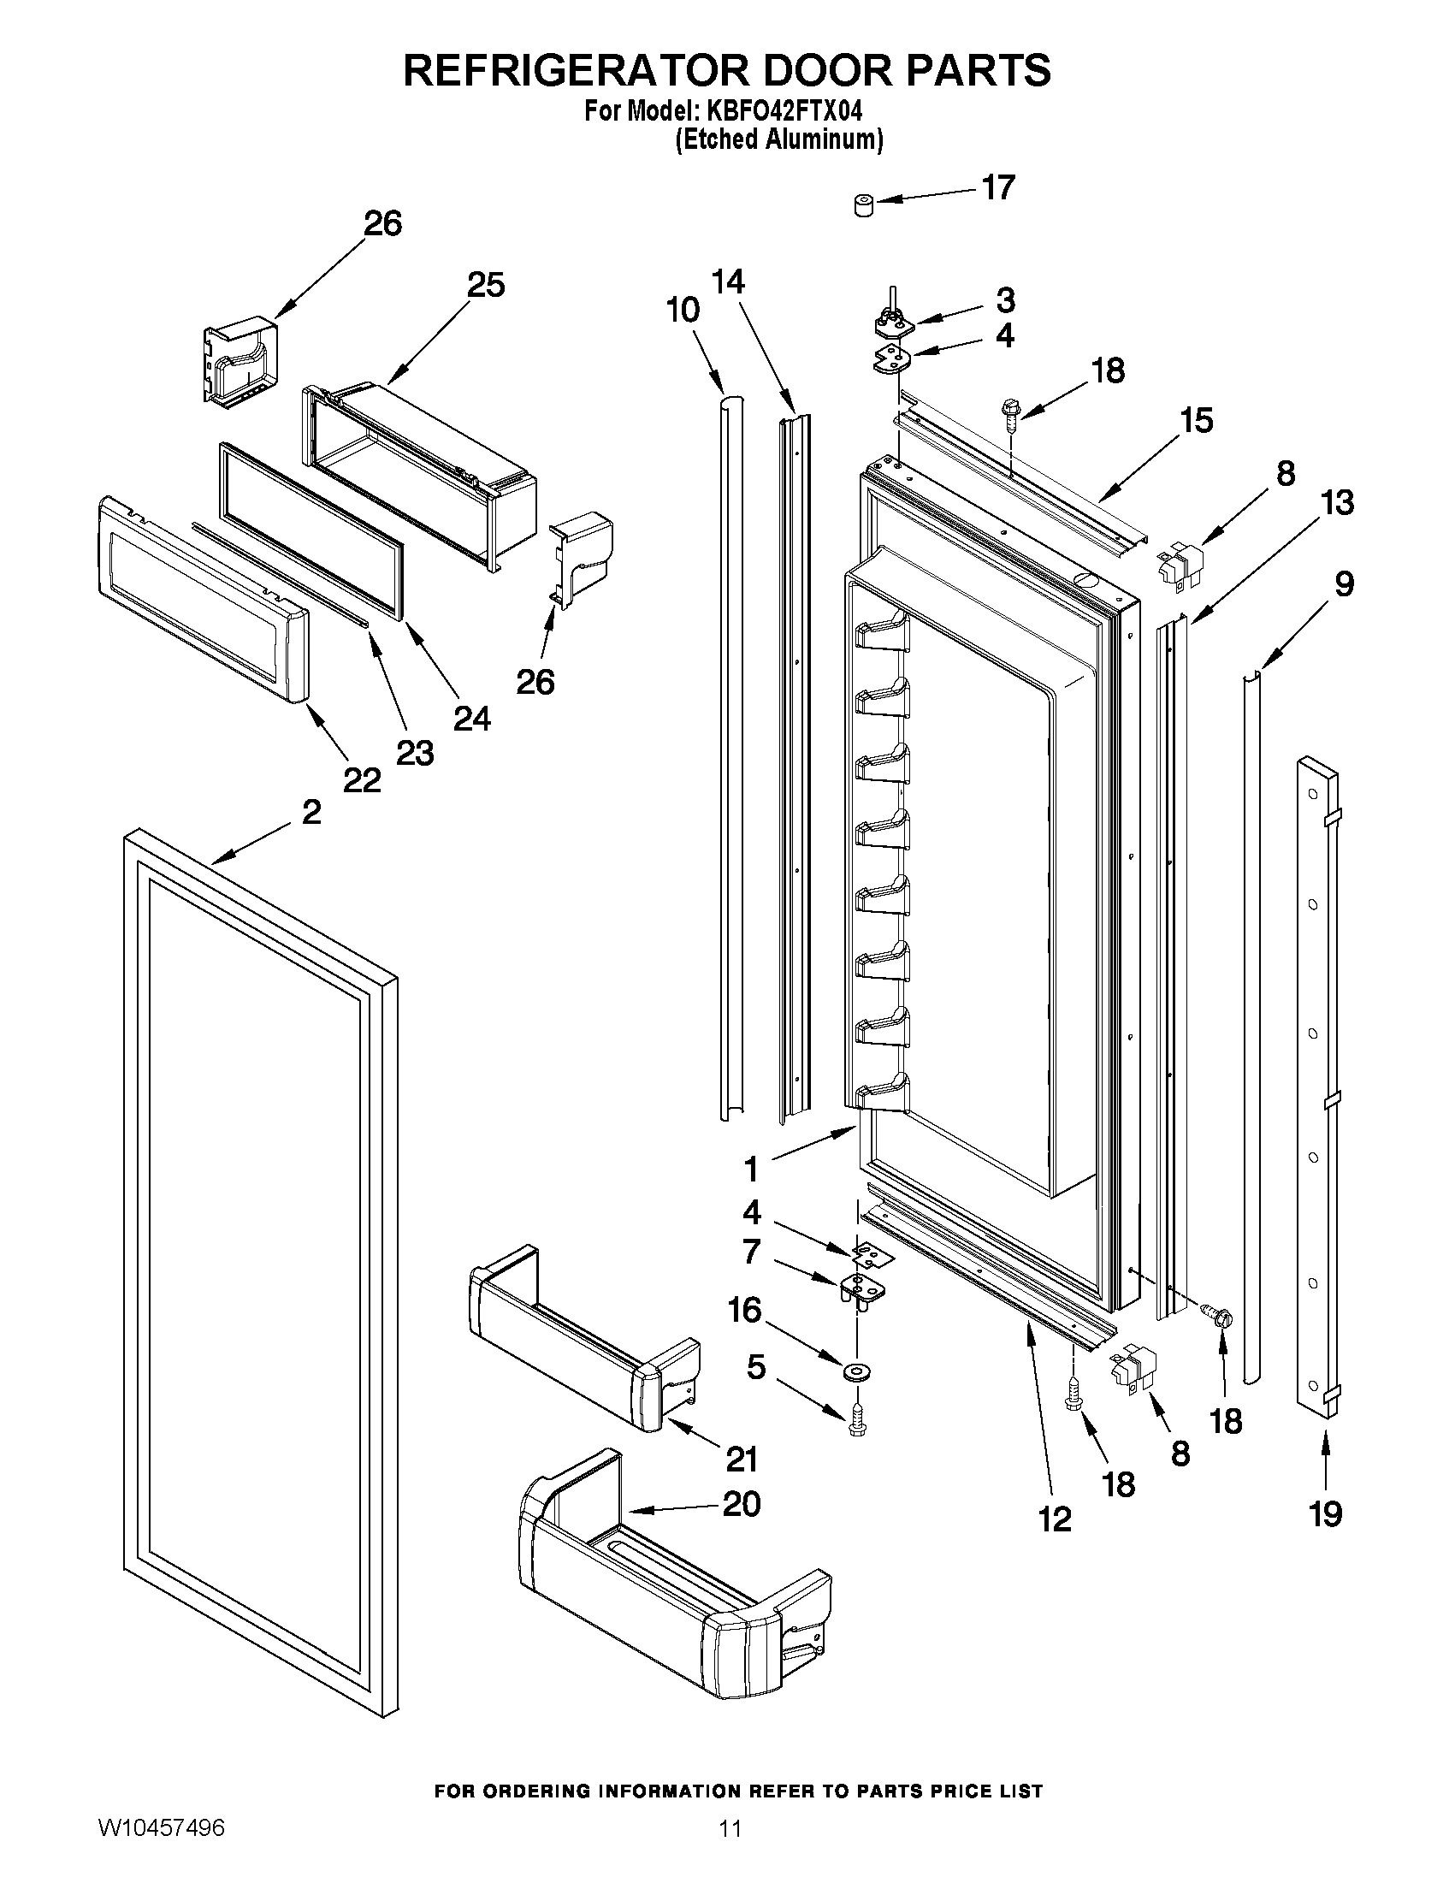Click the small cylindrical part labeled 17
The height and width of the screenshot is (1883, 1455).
(x=863, y=207)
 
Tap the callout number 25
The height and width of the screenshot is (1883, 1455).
(x=485, y=286)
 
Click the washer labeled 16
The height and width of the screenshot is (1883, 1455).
(x=857, y=1370)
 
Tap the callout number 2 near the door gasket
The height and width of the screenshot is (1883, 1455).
(x=311, y=811)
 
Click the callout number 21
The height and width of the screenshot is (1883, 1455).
(x=742, y=1460)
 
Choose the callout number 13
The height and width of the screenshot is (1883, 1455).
(x=1337, y=503)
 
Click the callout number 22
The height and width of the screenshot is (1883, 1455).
(x=361, y=780)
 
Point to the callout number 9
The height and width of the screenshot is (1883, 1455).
(x=1344, y=584)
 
